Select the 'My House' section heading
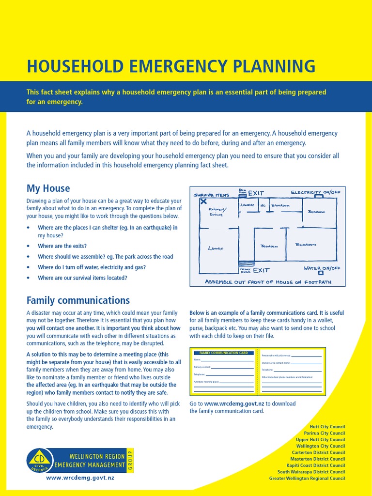[x=48, y=188]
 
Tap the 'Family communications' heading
[x=78, y=300]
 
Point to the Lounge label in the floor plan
[x=215, y=248]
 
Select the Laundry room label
[x=247, y=205]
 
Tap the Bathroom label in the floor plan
[x=280, y=205]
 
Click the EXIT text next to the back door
[x=256, y=193]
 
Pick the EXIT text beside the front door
[x=261, y=270]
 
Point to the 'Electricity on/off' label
[x=315, y=192]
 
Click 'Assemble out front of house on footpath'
[x=268, y=282]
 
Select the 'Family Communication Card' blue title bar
[x=223, y=353]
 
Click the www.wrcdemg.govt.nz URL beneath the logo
[x=80, y=478]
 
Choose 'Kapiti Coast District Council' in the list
[x=318, y=465]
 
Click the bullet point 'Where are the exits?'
[x=62, y=246]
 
